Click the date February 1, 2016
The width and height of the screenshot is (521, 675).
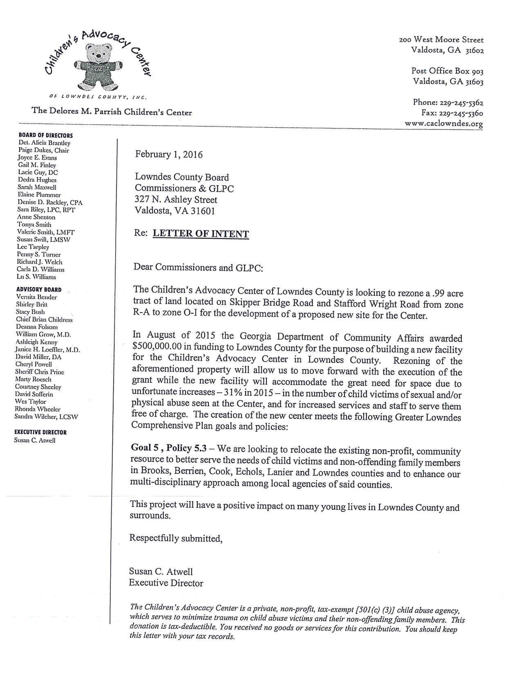coord(169,155)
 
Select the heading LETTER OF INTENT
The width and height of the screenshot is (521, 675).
coord(201,234)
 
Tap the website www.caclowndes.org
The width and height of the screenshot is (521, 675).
coord(444,124)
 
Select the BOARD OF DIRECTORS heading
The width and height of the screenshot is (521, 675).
coord(46,135)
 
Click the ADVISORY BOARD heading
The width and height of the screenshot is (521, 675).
coord(39,290)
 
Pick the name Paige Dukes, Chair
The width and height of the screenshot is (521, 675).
coord(44,151)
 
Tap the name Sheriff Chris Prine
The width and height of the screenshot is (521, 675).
coord(40,372)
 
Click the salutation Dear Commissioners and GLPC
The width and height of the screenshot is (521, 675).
coord(199,268)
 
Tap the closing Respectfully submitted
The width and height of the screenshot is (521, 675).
coord(176,538)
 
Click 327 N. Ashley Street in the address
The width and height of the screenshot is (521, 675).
coord(176,200)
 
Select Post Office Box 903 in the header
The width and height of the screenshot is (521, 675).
coord(447,71)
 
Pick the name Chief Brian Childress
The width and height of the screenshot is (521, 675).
coord(44,320)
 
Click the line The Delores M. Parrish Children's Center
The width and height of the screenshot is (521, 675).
coord(112,112)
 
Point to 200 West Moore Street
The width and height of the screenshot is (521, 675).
coord(441,40)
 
